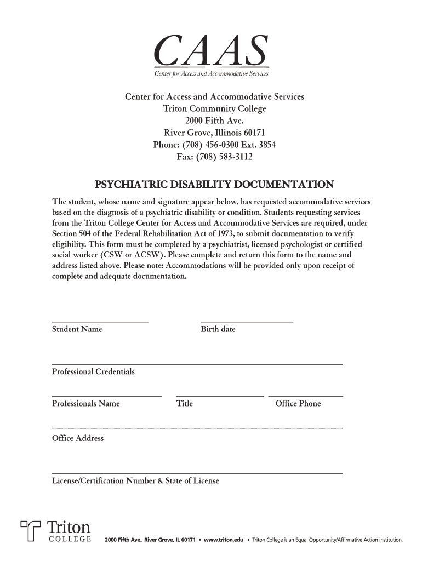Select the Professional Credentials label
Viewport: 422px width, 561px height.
click(x=93, y=372)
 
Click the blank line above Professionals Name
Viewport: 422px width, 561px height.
click(x=107, y=396)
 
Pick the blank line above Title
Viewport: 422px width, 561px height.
click(x=220, y=396)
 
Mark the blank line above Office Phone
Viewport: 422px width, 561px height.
click(x=305, y=396)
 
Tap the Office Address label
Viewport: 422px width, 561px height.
click(x=78, y=438)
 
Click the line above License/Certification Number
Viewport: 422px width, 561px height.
click(x=197, y=473)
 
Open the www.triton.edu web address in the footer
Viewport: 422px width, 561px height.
click(x=223, y=540)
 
